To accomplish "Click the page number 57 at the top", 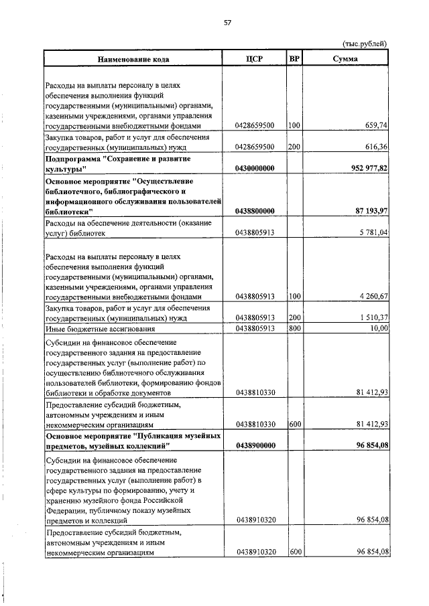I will click(227, 23).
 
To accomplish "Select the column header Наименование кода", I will click(133, 59).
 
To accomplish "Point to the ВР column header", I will click(294, 59).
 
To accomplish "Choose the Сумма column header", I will click(345, 59).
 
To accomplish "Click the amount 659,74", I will click(375, 125).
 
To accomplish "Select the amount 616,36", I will click(375, 146).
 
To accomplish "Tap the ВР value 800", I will click(294, 329).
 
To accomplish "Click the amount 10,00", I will click(379, 329).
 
